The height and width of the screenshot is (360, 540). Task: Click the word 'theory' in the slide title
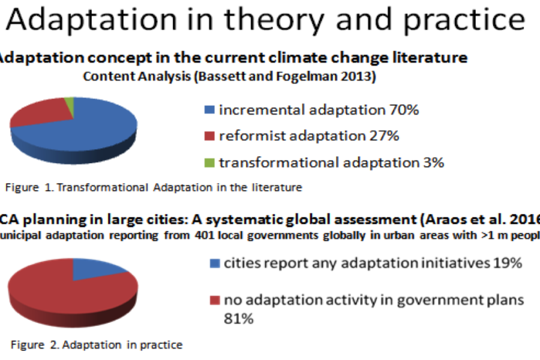pos(274,20)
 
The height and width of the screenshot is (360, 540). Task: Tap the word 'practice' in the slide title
pos(464,20)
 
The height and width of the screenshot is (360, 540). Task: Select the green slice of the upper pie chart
pos(70,107)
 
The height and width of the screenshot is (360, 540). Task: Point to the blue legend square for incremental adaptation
pos(209,110)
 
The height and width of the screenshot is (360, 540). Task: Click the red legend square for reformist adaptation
pos(209,136)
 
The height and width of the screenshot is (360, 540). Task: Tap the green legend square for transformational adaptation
pos(209,163)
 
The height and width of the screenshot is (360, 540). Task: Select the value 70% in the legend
pos(404,110)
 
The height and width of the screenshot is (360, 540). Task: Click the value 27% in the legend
pos(385,136)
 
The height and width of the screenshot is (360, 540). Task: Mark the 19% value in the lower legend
pos(508,263)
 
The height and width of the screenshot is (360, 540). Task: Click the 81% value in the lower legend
pos(239,319)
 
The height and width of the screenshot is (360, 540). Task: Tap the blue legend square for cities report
pos(215,263)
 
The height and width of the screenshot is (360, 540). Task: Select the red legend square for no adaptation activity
pos(215,301)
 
